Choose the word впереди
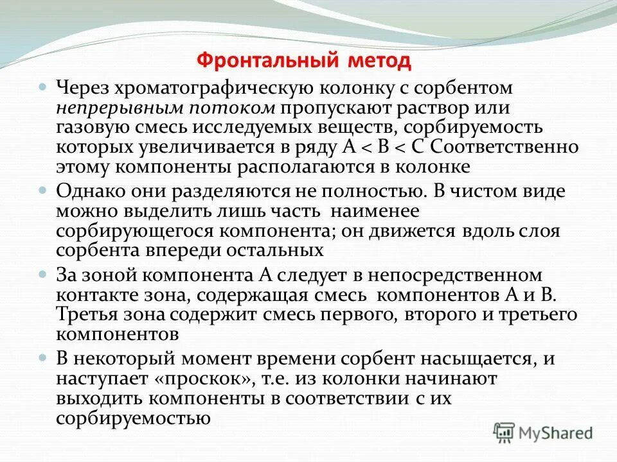(184, 250)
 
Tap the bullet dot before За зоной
(43, 274)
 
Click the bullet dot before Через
(43, 86)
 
